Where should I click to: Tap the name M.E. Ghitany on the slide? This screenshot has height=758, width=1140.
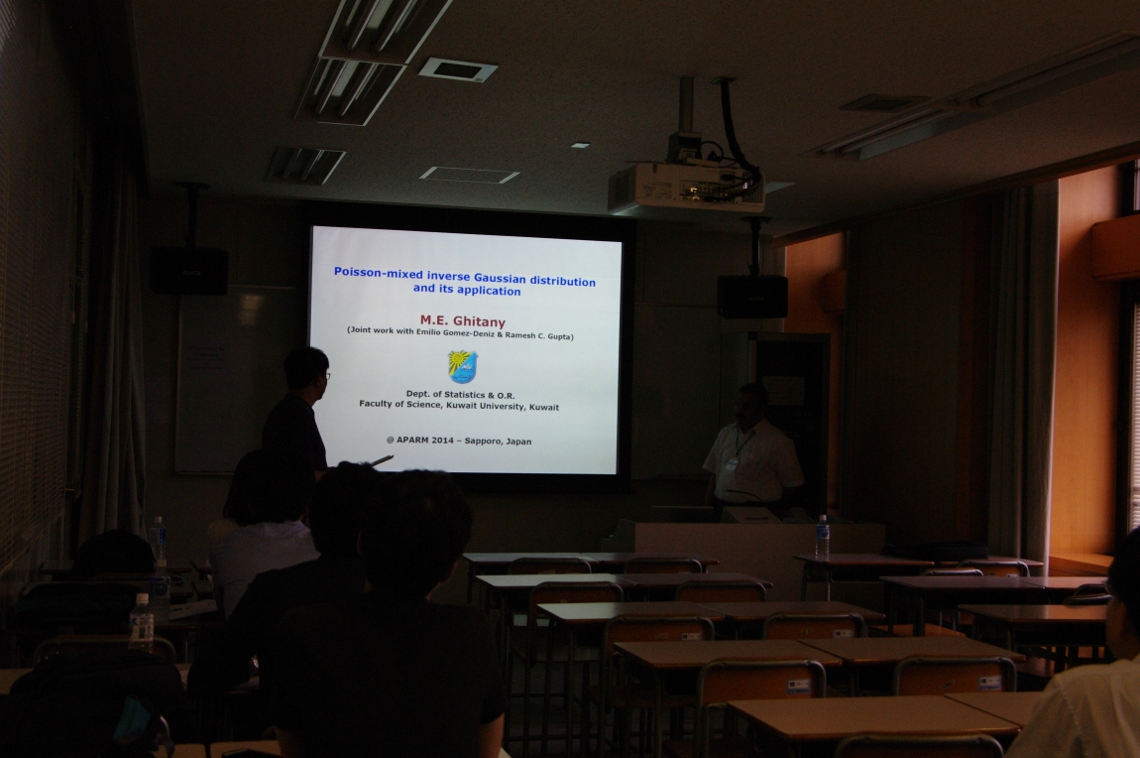point(462,320)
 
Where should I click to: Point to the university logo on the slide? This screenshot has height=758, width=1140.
point(462,367)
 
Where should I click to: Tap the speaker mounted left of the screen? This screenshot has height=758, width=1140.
point(189,270)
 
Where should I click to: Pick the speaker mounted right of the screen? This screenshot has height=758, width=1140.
point(752,296)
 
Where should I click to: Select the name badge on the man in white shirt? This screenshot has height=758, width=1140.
point(733,462)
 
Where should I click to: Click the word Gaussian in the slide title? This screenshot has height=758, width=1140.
point(501,278)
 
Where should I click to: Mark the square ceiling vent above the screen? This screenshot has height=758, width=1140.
point(458,69)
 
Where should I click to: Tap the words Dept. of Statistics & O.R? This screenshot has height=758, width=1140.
point(460,395)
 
